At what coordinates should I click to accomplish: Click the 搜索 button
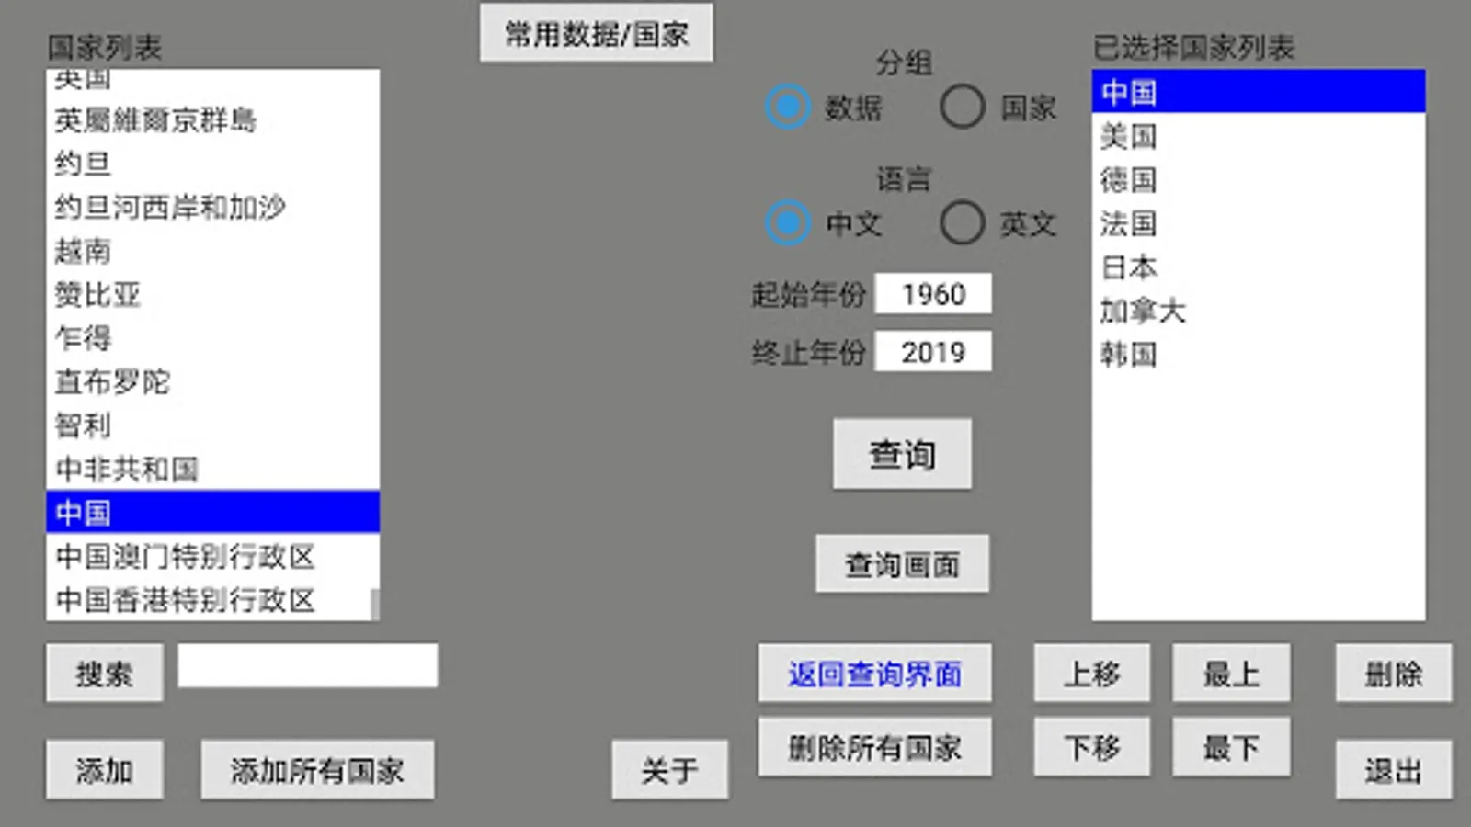[x=104, y=674]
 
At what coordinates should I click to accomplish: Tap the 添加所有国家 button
[x=317, y=769]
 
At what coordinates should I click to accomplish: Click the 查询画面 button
[x=902, y=564]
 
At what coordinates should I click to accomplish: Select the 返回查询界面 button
[x=874, y=674]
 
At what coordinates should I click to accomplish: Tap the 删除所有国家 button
[x=874, y=747]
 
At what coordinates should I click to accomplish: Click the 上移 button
[x=1091, y=674]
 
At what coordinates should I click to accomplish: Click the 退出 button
[x=1393, y=769]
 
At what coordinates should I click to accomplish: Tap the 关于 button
[x=669, y=769]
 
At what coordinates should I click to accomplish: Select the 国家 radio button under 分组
[x=963, y=107]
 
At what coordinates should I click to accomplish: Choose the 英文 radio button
[x=963, y=223]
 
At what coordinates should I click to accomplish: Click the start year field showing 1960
[x=932, y=294]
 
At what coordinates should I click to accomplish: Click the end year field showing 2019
[x=932, y=352]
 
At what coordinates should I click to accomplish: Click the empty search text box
[x=307, y=665]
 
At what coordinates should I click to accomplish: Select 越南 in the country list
[x=83, y=251]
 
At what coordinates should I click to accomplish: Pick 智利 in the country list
[x=83, y=425]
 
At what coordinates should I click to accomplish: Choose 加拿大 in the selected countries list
[x=1143, y=311]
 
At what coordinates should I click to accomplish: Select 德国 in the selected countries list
[x=1128, y=179]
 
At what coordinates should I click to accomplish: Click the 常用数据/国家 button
[x=596, y=34]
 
